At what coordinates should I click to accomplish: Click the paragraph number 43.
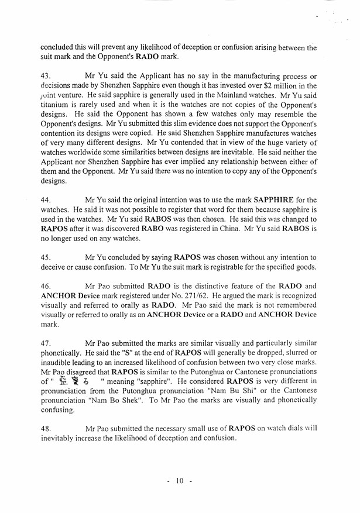click(46, 77)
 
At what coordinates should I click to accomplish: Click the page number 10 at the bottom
click(179, 481)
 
